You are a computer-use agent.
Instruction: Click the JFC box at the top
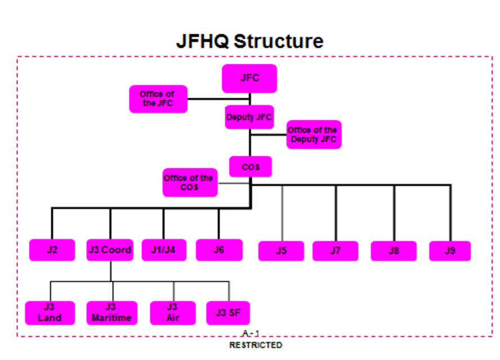click(x=249, y=78)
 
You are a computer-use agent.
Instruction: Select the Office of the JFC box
click(x=158, y=99)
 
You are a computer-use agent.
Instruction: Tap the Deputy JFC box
click(x=249, y=117)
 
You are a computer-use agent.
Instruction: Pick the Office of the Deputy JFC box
click(x=314, y=134)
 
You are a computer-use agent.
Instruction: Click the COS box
click(x=251, y=167)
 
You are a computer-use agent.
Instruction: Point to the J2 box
click(x=52, y=250)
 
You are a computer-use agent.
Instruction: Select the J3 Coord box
click(x=110, y=250)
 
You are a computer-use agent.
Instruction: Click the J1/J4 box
click(x=163, y=250)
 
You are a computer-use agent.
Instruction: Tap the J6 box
click(x=219, y=250)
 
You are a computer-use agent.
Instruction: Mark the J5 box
click(x=281, y=251)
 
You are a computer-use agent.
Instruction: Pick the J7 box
click(x=336, y=251)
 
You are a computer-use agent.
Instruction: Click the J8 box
click(x=394, y=251)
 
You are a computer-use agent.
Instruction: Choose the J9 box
click(x=450, y=251)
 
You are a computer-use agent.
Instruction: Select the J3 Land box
click(x=50, y=313)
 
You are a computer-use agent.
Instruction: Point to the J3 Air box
click(x=172, y=313)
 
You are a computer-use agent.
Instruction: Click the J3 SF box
click(x=228, y=313)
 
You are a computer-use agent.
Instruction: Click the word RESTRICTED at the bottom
click(x=256, y=345)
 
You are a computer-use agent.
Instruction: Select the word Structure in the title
click(x=279, y=41)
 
